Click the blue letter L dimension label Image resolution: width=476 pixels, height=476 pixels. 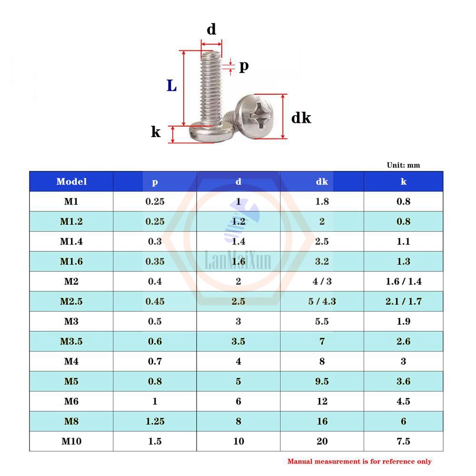point(172,86)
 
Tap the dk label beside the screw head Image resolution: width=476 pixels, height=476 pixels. point(301,117)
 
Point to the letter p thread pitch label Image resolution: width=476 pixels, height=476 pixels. point(243,66)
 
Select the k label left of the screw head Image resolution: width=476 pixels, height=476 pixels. point(156,132)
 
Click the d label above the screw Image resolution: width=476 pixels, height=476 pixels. point(211,30)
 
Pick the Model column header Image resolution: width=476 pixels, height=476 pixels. point(71,181)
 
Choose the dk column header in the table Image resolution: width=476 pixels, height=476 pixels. point(322,181)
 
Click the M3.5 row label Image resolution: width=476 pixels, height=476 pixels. point(71,341)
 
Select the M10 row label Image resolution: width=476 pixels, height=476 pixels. point(71,441)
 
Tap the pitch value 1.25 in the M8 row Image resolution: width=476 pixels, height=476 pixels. point(155,421)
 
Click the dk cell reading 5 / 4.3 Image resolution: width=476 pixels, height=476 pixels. point(322,301)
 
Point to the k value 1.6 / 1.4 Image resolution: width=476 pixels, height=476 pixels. point(403,281)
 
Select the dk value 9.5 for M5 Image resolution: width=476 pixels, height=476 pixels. point(322,381)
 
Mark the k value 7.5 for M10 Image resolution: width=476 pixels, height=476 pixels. point(403,441)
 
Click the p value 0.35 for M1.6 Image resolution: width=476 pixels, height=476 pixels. point(155,261)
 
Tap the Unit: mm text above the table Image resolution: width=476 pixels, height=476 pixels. point(403,165)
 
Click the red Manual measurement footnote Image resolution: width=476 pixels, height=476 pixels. point(359,461)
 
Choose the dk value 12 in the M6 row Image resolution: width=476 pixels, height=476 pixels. point(322,401)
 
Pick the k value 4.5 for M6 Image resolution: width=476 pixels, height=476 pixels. point(403,401)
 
